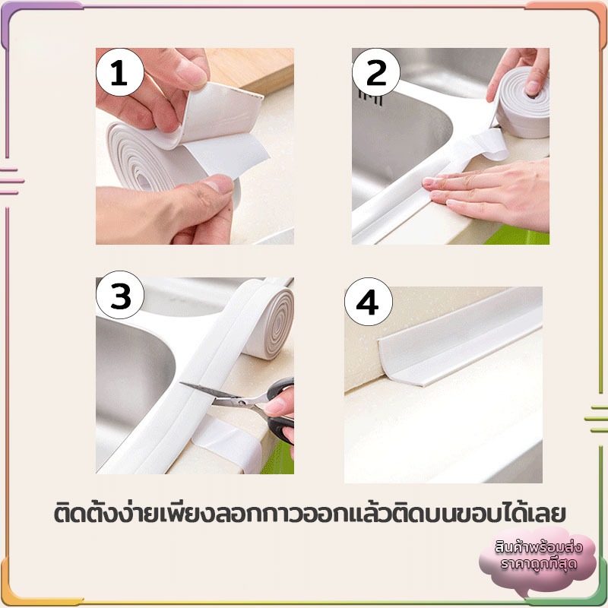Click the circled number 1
click(120, 72)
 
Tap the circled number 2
click(375, 72)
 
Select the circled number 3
click(120, 295)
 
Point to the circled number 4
click(369, 302)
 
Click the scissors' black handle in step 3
click(280, 411)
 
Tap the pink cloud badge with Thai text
click(538, 559)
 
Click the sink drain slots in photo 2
click(370, 98)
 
